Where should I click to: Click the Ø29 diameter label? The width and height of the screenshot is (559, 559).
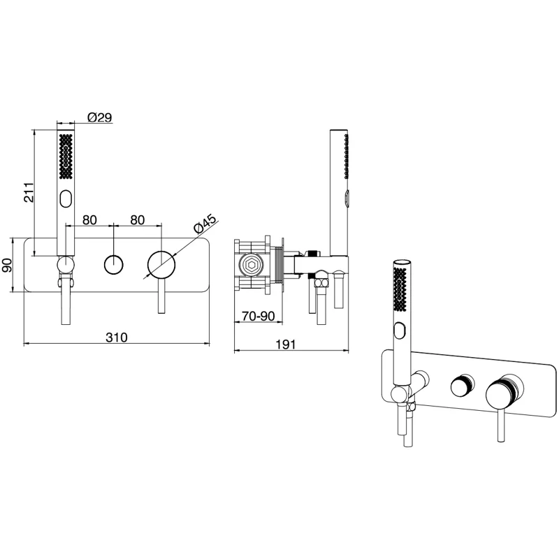[x=100, y=117]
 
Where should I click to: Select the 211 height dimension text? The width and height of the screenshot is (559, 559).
[x=29, y=192]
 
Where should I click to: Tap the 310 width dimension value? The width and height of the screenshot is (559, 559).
[x=117, y=337]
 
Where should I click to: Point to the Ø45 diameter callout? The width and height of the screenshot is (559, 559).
[x=205, y=224]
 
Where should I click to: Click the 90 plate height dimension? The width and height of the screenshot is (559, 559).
[x=7, y=265]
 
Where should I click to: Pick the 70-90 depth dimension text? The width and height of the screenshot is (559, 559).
[x=259, y=316]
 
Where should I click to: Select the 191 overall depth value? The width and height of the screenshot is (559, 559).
[x=286, y=344]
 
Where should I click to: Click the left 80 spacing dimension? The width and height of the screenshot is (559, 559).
[x=89, y=220]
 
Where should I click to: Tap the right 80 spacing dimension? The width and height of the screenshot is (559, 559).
[x=138, y=220]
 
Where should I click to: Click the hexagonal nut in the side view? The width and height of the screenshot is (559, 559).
[x=252, y=266]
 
